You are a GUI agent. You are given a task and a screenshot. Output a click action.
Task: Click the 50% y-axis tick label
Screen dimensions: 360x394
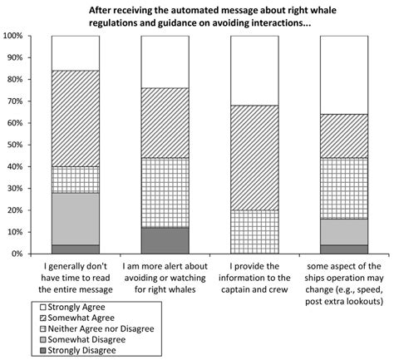click(x=15, y=145)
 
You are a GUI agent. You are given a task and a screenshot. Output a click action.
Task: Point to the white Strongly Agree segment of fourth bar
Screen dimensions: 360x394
click(x=344, y=75)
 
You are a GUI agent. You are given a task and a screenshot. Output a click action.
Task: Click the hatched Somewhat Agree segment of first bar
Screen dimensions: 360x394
click(x=75, y=118)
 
